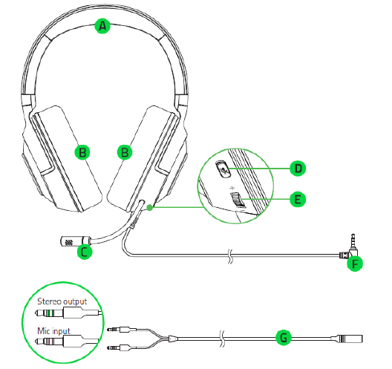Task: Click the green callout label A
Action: pyautogui.click(x=102, y=26)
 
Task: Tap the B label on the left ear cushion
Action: pyautogui.click(x=82, y=152)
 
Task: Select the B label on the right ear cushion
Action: pyautogui.click(x=125, y=152)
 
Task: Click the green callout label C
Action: pyautogui.click(x=85, y=252)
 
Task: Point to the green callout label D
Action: pyautogui.click(x=298, y=169)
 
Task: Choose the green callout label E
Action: pyautogui.click(x=298, y=200)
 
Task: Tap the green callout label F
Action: pyautogui.click(x=355, y=264)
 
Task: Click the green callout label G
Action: pyautogui.click(x=284, y=338)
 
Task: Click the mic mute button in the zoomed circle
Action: pyautogui.click(x=223, y=169)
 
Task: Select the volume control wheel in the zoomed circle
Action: pyautogui.click(x=238, y=200)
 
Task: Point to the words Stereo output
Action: pyautogui.click(x=62, y=301)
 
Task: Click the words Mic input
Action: pyautogui.click(x=53, y=331)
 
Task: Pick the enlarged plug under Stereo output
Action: pyautogui.click(x=68, y=313)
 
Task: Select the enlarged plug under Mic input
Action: pyautogui.click(x=67, y=341)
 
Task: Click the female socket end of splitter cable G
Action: pyautogui.click(x=347, y=339)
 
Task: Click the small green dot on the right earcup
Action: pyautogui.click(x=149, y=207)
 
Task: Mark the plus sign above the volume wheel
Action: pyautogui.click(x=232, y=188)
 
